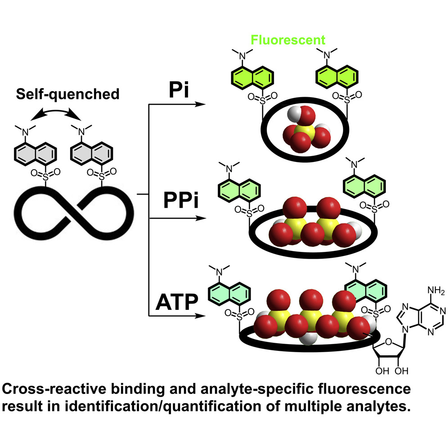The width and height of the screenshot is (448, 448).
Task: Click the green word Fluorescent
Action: tap(288, 40)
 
